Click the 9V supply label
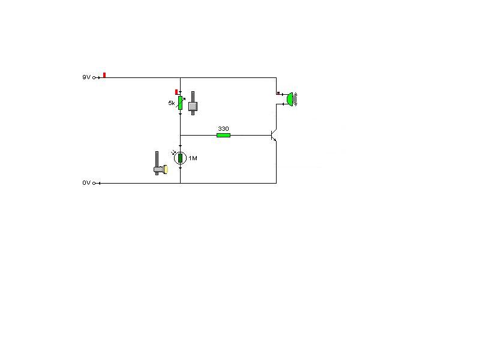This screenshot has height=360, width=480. point(86,77)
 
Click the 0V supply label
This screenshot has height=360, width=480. point(86,183)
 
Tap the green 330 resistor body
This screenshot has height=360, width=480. point(223,135)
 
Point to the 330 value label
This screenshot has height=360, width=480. point(223,128)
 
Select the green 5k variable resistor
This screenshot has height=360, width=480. point(180,103)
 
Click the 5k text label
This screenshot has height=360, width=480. point(172,103)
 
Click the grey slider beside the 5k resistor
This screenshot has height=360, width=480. point(193,105)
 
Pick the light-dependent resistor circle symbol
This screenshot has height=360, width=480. point(180,158)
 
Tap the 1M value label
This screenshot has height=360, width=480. point(193,158)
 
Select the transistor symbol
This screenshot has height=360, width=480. point(274,136)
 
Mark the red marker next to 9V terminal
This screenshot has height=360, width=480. point(104,75)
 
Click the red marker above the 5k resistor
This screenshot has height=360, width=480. point(176,92)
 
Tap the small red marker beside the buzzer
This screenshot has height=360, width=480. point(278,93)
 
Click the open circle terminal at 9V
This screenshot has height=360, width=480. point(95,77)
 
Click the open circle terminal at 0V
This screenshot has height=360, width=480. point(95,183)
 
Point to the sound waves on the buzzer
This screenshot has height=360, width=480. point(295,99)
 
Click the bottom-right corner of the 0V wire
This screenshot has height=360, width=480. point(276,183)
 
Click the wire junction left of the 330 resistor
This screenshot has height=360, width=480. point(180,135)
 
